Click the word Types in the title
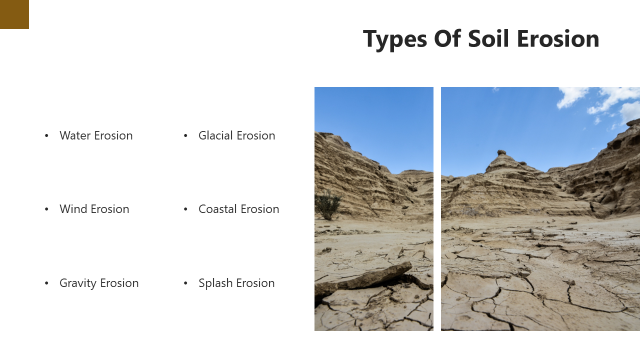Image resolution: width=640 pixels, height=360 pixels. (395, 39)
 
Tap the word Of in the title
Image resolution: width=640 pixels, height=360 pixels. (447, 39)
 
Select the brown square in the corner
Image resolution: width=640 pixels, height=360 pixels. (14, 14)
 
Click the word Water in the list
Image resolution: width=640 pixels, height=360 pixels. (76, 135)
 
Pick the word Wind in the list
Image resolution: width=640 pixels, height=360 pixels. (73, 209)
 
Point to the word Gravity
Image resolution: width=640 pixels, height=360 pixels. (78, 283)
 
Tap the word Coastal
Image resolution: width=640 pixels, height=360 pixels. (217, 209)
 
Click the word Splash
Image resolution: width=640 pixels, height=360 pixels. (215, 283)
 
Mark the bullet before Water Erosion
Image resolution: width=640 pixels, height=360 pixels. (46, 135)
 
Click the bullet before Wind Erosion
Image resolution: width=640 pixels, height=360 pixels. (46, 209)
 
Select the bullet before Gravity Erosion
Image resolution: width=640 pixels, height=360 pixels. (46, 283)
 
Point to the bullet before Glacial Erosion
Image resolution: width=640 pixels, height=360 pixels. (185, 135)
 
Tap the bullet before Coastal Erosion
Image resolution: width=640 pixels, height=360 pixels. (185, 209)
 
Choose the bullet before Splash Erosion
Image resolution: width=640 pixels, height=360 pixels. (185, 283)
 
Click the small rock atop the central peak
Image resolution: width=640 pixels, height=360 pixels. (501, 152)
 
